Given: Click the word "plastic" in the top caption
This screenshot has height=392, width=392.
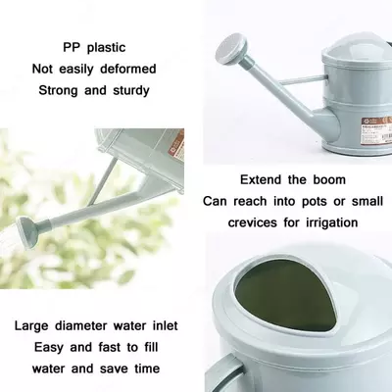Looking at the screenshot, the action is tap(107, 48).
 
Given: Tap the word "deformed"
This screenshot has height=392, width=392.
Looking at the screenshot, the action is tap(128, 69).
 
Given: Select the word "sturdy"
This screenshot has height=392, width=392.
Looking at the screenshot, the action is tap(131, 90).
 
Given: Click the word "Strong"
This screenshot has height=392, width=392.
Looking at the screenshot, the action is tap(59, 90).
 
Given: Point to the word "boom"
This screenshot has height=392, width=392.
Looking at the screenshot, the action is tap(329, 179).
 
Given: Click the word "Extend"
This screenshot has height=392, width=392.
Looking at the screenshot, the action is tap(261, 179).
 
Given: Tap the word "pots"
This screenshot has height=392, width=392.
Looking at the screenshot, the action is tap(314, 202).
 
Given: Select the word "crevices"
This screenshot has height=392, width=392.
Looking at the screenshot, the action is tap(253, 222).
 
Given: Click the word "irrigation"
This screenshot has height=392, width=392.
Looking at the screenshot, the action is tap(332, 222).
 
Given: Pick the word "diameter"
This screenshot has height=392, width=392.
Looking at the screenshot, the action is tap(80, 325).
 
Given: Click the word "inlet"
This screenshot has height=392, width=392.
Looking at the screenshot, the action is tap(166, 325).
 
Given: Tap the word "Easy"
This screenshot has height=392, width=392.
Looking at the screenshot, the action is tap(49, 347).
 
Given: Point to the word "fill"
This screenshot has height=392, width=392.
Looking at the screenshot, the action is tap(151, 347).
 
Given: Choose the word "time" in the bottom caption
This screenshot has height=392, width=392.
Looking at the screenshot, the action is tap(147, 368).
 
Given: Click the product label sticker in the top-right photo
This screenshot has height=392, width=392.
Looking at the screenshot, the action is tap(376, 129).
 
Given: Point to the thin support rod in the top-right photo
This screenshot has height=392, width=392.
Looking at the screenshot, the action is tap(302, 80).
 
